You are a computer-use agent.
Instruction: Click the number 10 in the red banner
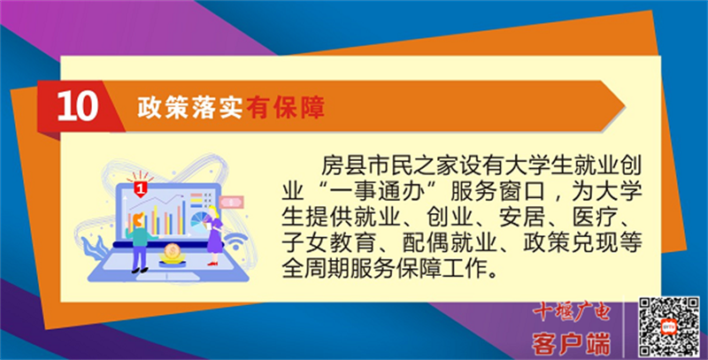pos(78,107)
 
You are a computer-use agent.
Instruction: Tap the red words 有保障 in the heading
pos(285,107)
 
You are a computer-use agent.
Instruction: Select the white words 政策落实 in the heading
pos(190,107)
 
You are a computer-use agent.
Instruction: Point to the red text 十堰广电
pos(572,312)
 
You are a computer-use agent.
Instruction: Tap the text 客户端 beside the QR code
pos(572,344)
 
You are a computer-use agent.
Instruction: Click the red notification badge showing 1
pos(141,188)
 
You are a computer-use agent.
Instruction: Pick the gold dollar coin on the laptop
pos(172,249)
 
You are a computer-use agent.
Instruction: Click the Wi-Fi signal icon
pos(236,242)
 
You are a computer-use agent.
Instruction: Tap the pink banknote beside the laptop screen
pos(231,202)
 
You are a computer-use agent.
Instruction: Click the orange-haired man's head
pos(139,219)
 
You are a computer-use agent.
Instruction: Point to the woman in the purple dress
pos(214,235)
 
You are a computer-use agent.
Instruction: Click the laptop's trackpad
pos(167,276)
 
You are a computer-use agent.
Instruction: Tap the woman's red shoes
pos(212,263)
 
